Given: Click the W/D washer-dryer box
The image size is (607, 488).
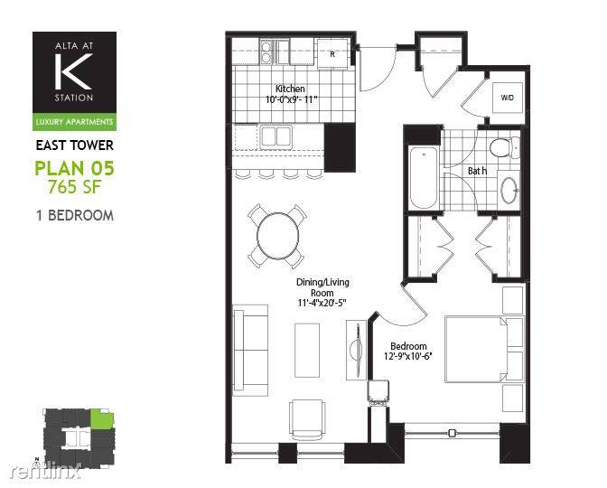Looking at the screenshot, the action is (507, 98).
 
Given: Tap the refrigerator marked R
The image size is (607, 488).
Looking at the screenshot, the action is (333, 53).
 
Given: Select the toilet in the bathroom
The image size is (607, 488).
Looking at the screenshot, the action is (504, 147).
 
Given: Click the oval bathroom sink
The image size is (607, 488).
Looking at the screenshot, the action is (509, 190).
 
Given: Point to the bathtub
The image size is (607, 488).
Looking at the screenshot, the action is (423, 177).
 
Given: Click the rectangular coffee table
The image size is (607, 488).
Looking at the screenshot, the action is (307, 350).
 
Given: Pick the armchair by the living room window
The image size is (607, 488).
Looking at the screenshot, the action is (307, 419).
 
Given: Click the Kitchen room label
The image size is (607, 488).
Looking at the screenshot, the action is (290, 89).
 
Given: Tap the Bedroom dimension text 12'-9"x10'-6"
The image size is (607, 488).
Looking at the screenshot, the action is (408, 356).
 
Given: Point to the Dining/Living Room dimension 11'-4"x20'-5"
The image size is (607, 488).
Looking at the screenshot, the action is (322, 303).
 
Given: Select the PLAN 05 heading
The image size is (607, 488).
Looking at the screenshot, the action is (75, 168).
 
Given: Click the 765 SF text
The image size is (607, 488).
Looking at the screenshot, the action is (74, 187).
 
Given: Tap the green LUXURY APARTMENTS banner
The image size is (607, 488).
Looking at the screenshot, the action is (74, 122).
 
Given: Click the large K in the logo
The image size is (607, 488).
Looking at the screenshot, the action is (73, 70).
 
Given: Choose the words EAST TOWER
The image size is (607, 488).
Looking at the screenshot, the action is (75, 145).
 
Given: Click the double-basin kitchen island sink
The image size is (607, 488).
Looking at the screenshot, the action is (276, 136).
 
